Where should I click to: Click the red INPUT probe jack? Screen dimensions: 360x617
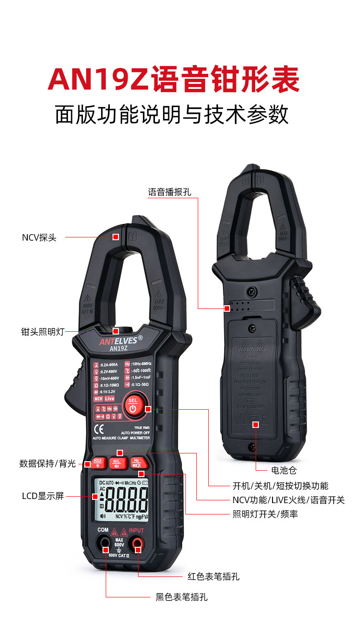click(x=136, y=543)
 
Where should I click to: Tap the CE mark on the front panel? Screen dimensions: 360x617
click(x=98, y=429)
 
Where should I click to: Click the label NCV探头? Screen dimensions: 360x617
click(x=39, y=237)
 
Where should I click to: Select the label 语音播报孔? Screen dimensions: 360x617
click(x=170, y=192)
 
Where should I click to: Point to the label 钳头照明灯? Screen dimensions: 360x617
click(x=42, y=332)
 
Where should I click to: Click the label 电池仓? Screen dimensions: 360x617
click(x=283, y=470)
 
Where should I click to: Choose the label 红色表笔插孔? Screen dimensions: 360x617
click(x=213, y=576)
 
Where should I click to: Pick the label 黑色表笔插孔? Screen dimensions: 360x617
click(x=181, y=597)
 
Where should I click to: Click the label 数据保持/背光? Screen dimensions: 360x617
click(x=47, y=464)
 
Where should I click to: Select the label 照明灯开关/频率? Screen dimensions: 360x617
click(x=265, y=514)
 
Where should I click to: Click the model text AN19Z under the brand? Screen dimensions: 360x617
click(x=118, y=348)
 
